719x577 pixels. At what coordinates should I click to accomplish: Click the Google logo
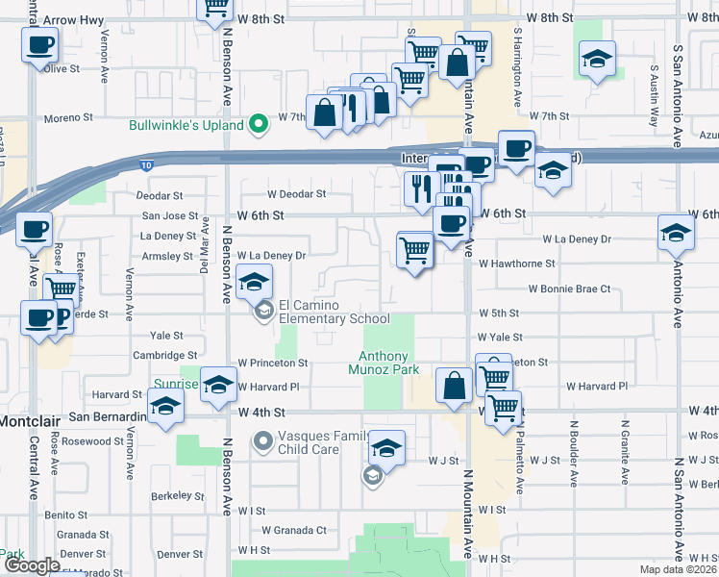click(x=31, y=565)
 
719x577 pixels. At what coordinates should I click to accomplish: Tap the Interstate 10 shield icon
click(x=145, y=165)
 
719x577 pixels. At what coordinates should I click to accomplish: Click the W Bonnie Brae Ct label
click(x=569, y=288)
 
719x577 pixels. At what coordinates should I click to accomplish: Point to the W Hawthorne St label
click(x=516, y=263)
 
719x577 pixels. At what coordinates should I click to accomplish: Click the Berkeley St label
click(x=173, y=496)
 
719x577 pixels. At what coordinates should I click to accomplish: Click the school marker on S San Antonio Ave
click(x=676, y=232)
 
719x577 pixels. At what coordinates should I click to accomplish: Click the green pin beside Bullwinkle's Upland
click(x=258, y=125)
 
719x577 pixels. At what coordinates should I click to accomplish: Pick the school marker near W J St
click(x=386, y=448)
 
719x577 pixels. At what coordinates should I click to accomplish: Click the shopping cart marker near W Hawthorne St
click(x=415, y=250)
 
